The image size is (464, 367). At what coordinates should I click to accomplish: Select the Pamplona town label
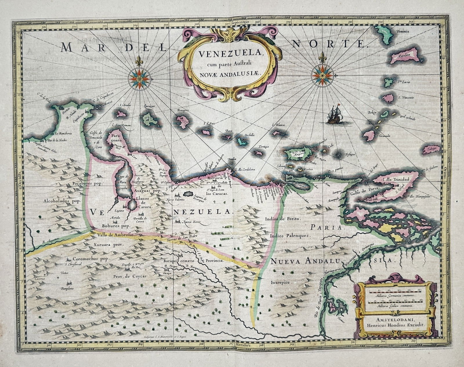[x=67, y=288]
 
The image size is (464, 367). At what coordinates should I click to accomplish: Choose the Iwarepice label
[x=280, y=282]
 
